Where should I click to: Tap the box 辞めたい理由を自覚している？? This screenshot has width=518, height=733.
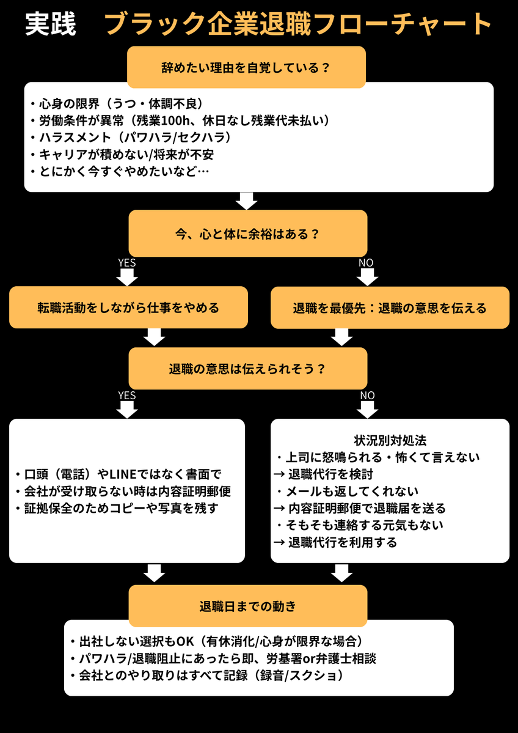[246, 67]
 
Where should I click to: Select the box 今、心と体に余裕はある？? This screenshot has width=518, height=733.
[247, 234]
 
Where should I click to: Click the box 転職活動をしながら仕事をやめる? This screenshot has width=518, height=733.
[128, 308]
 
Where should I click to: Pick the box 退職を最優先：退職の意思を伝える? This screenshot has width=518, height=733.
[390, 308]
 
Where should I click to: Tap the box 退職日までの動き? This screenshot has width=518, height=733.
[247, 606]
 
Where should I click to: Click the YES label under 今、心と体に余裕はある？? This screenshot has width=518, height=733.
[126, 263]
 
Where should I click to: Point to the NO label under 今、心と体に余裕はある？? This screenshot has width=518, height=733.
[366, 263]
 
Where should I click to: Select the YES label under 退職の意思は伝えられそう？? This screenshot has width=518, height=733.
[126, 396]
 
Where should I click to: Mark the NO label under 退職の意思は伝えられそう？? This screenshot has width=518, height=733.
[367, 396]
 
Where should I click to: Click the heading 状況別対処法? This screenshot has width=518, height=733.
[390, 440]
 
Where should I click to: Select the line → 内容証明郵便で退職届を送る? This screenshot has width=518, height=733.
[360, 507]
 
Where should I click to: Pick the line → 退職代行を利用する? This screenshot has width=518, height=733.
[335, 542]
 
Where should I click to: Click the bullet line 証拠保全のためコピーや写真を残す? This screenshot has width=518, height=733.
[124, 509]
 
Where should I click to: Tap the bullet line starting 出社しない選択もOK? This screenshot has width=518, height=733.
[216, 641]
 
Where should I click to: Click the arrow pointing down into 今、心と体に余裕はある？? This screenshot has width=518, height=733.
[247, 201]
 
